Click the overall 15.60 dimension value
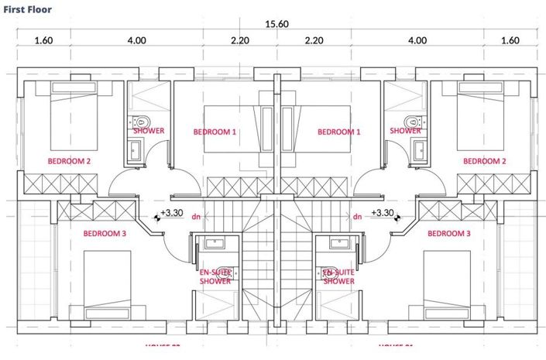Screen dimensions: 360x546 (x=276, y=24)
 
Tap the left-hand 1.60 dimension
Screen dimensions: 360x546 (x=43, y=39)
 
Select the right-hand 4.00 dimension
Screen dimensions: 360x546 (x=417, y=39)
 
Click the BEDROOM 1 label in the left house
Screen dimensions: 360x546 (x=215, y=132)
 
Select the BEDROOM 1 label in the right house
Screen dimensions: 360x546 (x=339, y=132)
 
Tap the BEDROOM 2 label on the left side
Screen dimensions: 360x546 (x=70, y=161)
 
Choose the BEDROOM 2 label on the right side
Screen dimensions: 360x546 (x=485, y=161)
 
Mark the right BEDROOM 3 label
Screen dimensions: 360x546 (x=449, y=233)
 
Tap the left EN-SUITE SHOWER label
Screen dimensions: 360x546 (x=215, y=276)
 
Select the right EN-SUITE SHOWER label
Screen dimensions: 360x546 (x=338, y=276)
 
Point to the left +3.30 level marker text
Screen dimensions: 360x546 (x=171, y=212)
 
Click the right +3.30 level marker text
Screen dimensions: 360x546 (x=382, y=212)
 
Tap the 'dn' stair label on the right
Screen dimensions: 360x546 (x=357, y=217)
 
